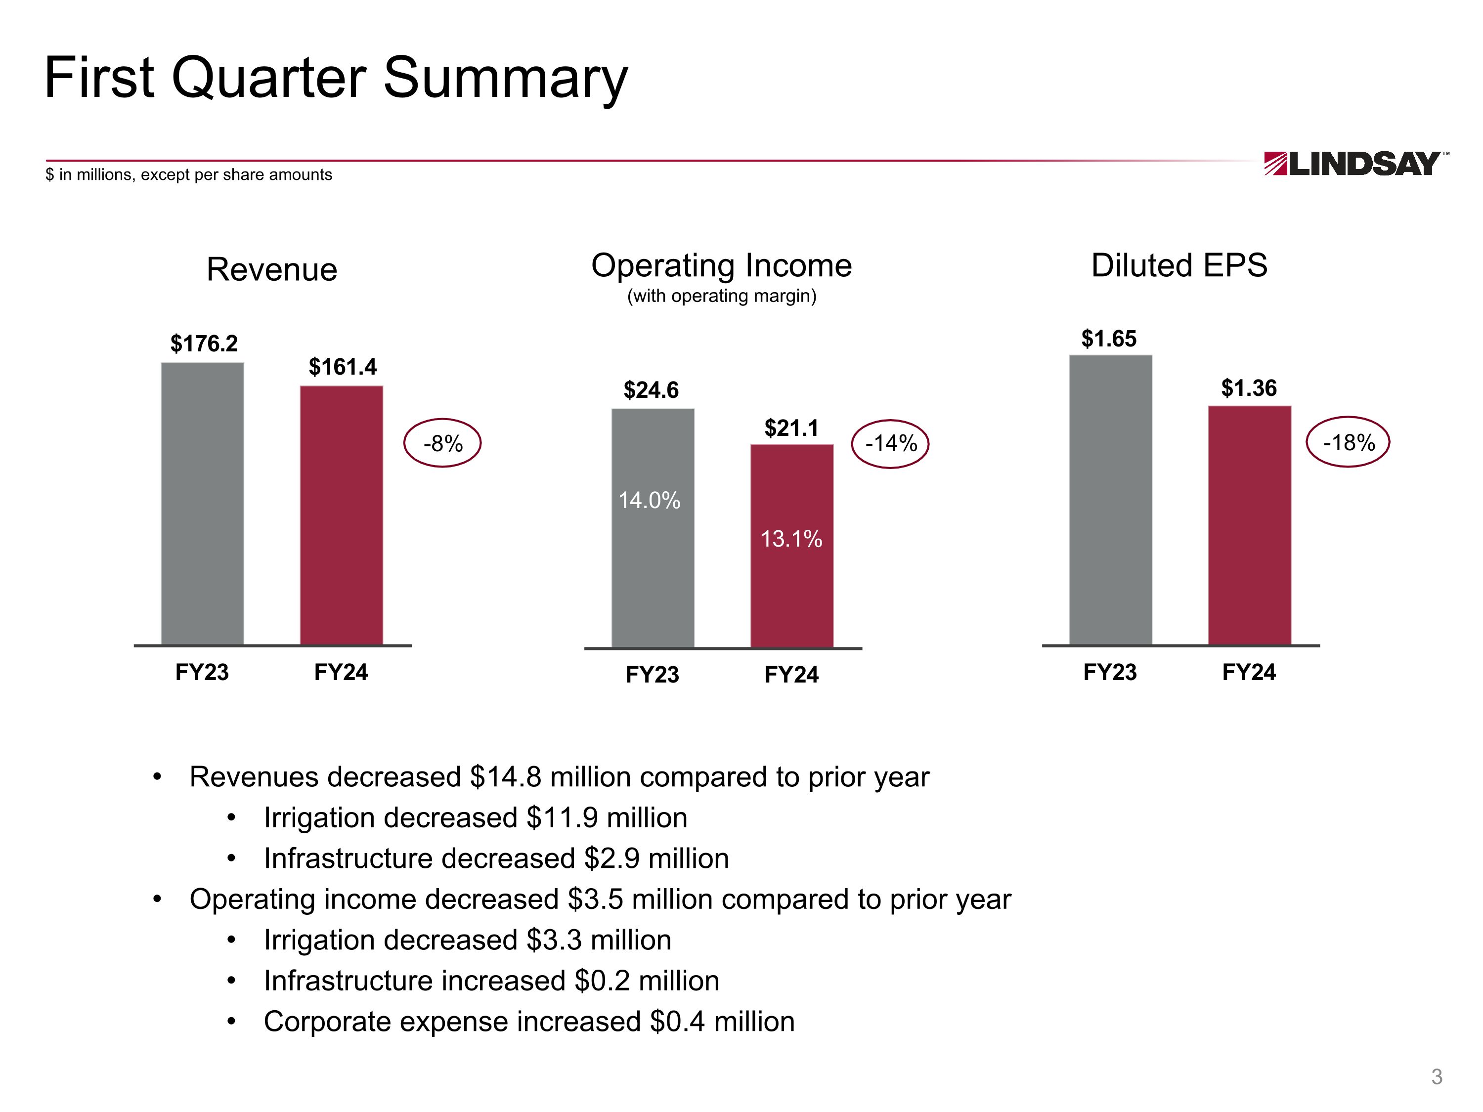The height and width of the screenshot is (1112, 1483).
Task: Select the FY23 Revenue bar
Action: (203, 503)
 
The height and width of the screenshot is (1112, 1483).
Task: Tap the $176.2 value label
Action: (204, 344)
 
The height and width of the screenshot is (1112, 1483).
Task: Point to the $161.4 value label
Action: (342, 367)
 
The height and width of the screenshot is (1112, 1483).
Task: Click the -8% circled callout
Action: (442, 443)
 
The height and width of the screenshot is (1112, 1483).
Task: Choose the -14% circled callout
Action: (890, 443)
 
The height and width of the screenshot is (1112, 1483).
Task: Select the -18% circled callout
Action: (1348, 442)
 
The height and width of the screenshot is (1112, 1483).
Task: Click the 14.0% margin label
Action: (649, 500)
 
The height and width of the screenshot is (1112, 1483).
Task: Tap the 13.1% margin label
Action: (791, 539)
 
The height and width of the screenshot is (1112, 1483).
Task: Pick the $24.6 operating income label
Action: (651, 390)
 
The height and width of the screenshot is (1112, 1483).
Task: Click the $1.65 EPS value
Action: (1109, 339)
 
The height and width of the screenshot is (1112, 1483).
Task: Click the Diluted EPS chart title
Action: (1179, 265)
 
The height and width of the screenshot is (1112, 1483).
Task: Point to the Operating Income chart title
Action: (721, 266)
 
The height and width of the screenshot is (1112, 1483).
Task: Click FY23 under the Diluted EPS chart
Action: (1110, 672)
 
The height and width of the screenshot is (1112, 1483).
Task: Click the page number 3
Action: (1436, 1076)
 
